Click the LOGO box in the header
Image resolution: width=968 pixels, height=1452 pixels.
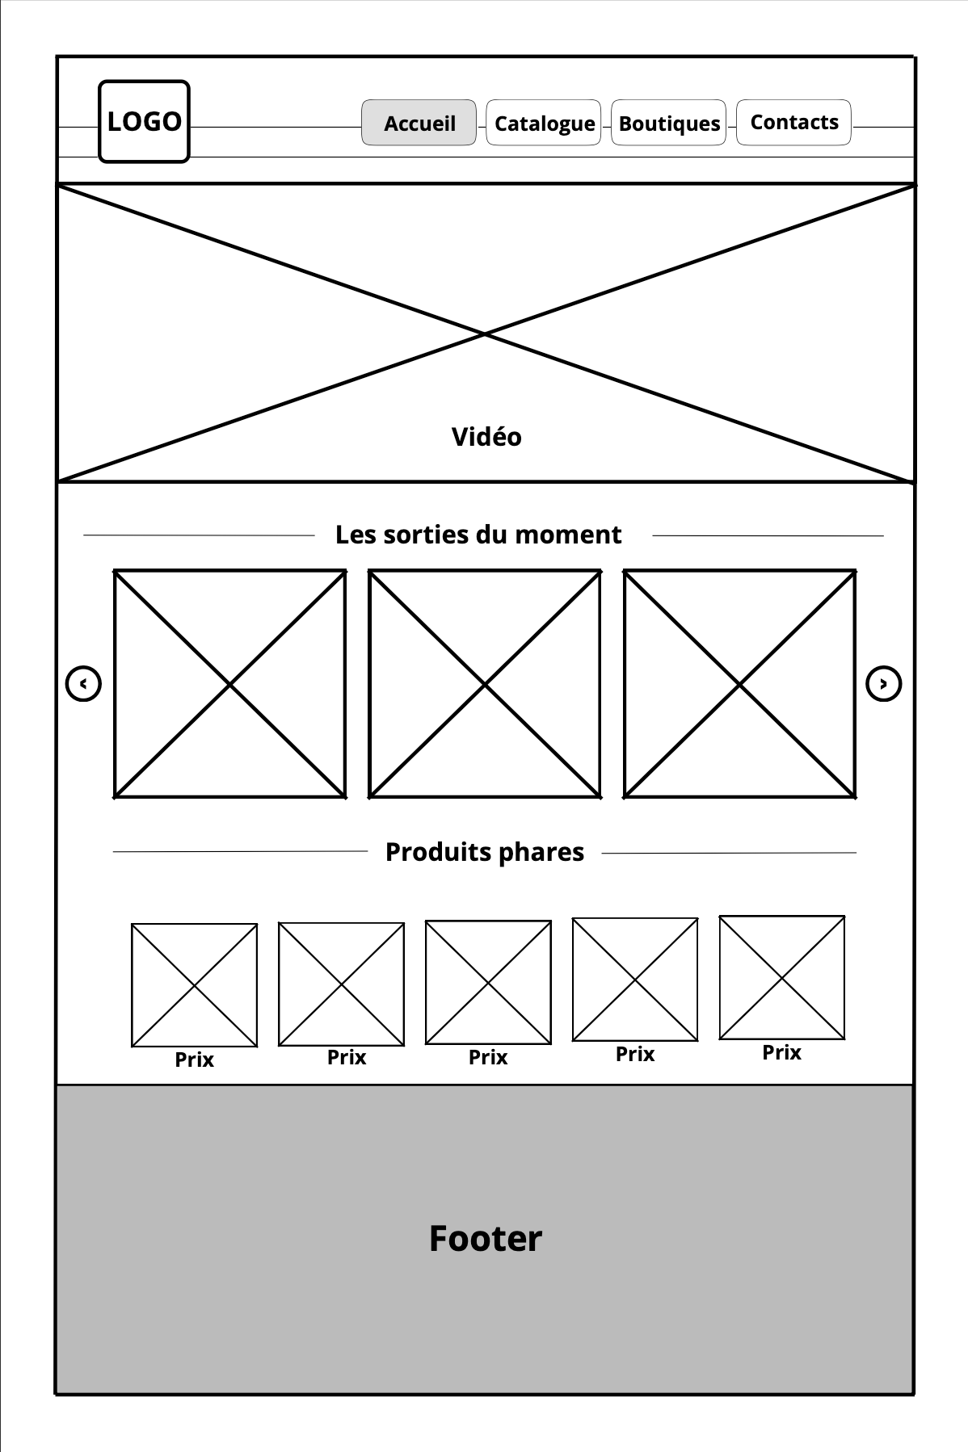tap(144, 121)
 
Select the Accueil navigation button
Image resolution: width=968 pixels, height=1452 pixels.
tap(419, 123)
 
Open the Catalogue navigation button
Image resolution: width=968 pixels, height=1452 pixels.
tap(544, 123)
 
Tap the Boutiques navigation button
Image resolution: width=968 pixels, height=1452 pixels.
tap(669, 123)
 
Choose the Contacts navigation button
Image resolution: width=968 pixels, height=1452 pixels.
tap(793, 122)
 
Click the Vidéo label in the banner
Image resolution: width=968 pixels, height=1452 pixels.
tap(486, 437)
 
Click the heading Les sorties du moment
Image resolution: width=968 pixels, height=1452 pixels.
tap(478, 535)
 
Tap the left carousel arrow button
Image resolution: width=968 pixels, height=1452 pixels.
tap(83, 684)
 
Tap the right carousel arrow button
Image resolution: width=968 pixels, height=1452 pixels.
tap(883, 684)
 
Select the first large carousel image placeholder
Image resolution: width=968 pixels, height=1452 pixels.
tap(230, 684)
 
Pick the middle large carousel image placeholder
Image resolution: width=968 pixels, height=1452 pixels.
tap(485, 684)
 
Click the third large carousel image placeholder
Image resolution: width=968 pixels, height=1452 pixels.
tap(739, 684)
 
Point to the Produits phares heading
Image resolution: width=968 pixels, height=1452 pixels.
tap(485, 852)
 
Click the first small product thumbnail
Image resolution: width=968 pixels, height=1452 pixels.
tap(195, 985)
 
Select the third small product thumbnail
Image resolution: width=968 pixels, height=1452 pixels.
tap(488, 982)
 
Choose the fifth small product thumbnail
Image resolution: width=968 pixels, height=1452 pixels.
tap(782, 977)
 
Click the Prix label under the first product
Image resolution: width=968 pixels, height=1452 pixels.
tap(195, 1060)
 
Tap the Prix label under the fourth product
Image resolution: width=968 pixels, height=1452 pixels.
tap(635, 1054)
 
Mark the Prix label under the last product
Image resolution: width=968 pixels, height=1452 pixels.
tap(782, 1052)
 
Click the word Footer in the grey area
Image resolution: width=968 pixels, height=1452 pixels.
tap(485, 1238)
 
